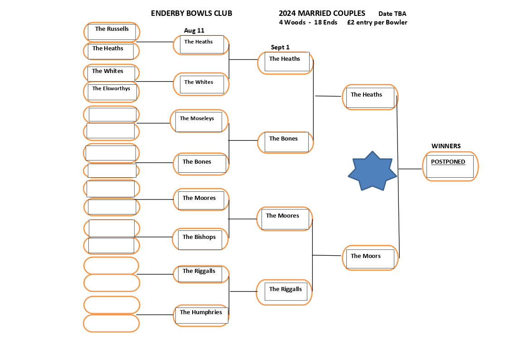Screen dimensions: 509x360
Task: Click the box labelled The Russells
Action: [x=111, y=31]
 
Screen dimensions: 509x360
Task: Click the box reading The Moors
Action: [x=370, y=258]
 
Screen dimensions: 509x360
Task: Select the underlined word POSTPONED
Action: [x=448, y=162]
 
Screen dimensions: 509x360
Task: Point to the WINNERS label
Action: [x=446, y=146]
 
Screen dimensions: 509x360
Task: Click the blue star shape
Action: [x=372, y=171]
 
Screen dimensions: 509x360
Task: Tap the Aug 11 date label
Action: [x=194, y=30]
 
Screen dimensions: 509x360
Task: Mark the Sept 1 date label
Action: [x=280, y=47]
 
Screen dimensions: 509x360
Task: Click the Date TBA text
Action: [x=392, y=14]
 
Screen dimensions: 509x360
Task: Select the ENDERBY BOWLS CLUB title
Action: [x=191, y=13]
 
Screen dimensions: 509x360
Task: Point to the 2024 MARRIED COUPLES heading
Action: [x=322, y=13]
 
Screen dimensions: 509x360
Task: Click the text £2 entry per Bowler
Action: [x=377, y=22]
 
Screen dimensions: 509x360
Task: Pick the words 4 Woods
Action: [x=292, y=22]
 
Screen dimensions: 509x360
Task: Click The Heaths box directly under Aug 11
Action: [x=201, y=44]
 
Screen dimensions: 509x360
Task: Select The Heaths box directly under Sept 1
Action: [x=286, y=62]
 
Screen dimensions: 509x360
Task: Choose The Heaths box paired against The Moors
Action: [x=370, y=97]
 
